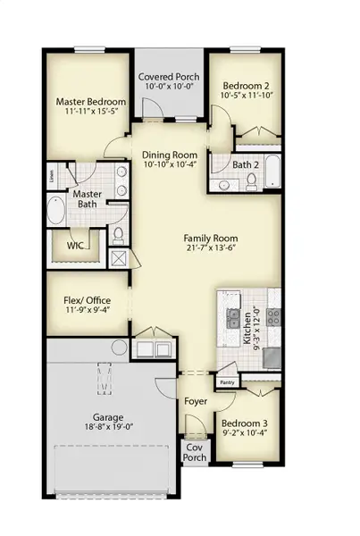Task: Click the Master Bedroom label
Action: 89,102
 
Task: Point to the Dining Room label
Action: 169,154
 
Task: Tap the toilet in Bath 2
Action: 251,180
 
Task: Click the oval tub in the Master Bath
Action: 54,214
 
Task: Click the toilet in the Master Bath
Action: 119,235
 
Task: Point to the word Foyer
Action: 196,401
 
